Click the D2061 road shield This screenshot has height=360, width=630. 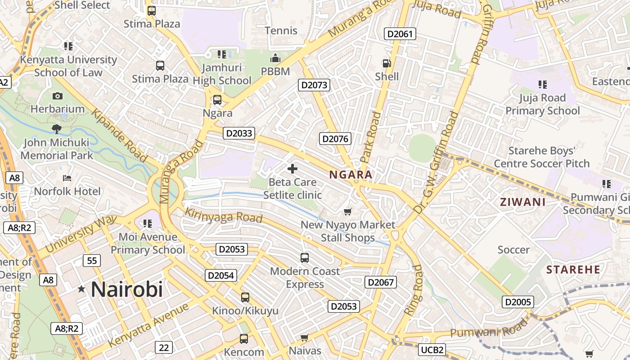click(x=400, y=34)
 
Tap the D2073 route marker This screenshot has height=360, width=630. click(x=314, y=85)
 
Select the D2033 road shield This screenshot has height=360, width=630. click(x=239, y=133)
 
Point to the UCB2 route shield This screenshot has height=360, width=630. click(x=432, y=350)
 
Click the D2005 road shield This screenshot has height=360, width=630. click(x=518, y=302)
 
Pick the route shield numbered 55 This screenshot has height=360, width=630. click(x=92, y=261)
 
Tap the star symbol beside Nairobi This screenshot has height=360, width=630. click(x=81, y=289)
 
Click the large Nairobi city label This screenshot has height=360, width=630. click(x=126, y=289)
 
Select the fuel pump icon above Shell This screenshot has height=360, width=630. click(x=387, y=63)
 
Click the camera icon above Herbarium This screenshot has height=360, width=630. click(x=57, y=96)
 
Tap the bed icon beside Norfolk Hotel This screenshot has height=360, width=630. click(x=67, y=178)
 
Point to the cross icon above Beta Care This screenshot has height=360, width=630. click(x=292, y=169)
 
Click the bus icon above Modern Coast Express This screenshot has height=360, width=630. click(x=305, y=258)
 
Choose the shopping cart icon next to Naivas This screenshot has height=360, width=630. click(x=305, y=337)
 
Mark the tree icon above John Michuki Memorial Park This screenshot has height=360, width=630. click(x=57, y=129)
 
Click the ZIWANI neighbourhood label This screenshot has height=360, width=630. click(x=522, y=202)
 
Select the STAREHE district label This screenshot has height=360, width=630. click(x=573, y=270)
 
